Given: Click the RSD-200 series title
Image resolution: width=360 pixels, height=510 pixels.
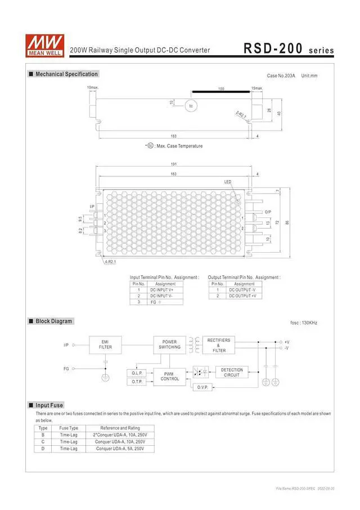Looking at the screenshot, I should point(289,49).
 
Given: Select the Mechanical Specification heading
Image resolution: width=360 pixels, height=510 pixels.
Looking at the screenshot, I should point(66,74).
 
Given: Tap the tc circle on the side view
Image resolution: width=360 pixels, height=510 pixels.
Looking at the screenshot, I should point(191,106).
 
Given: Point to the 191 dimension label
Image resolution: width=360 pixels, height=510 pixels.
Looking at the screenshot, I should point(174,164).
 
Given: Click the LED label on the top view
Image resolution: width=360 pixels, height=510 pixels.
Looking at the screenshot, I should point(227,182).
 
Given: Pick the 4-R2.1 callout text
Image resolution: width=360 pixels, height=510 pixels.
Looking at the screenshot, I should point(110,262).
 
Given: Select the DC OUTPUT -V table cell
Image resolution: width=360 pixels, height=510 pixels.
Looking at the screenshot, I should point(242,290).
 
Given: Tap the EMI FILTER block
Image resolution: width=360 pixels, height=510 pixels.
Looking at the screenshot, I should point(105,345).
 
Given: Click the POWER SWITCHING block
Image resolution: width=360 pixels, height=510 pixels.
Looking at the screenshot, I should point(169,345).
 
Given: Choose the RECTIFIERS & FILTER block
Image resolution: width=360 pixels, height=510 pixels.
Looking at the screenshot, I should point(219,345).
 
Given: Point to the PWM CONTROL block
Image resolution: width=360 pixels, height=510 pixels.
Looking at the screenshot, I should point(169,377).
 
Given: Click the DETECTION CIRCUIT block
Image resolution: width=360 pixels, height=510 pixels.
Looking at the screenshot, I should point(232,373).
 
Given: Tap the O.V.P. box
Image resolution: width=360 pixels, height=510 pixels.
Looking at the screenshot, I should point(202,387).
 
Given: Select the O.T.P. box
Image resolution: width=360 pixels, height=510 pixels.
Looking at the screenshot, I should point(137,382).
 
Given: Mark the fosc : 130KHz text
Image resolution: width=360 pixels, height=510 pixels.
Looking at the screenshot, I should point(304,323).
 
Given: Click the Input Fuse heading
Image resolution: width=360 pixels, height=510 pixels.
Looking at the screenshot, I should point(49,405).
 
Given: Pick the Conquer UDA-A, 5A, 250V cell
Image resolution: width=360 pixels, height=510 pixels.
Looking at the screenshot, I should point(118,449).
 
